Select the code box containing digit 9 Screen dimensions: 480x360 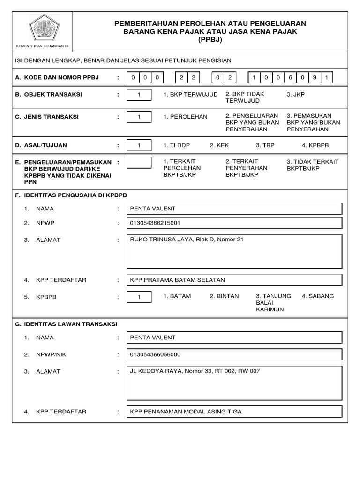315,77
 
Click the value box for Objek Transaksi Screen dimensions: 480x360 139,95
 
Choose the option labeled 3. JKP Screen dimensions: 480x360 295,95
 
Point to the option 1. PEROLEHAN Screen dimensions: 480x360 185,117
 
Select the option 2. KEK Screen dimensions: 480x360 219,145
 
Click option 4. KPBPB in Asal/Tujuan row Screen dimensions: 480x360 317,145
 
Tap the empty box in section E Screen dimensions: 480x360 139,162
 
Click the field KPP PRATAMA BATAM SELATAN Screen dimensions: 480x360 178,280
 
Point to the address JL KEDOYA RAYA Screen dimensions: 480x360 155,371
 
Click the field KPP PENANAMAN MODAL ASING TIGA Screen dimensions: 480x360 186,412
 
